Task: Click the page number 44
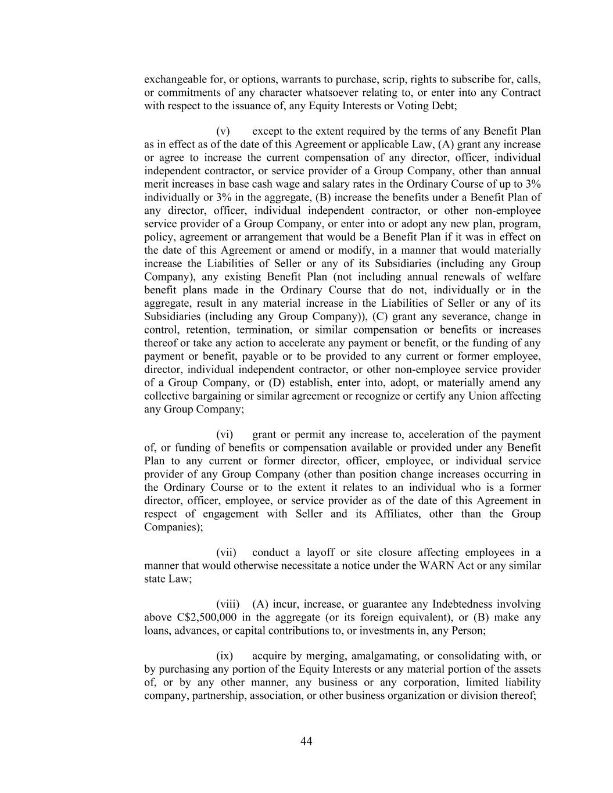(x=307, y=741)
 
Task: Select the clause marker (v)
(x=224, y=131)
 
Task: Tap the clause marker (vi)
(x=225, y=435)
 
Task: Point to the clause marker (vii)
(x=226, y=552)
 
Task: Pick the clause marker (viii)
(x=228, y=605)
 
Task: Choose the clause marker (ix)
(x=225, y=656)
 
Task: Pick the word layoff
(x=318, y=552)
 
